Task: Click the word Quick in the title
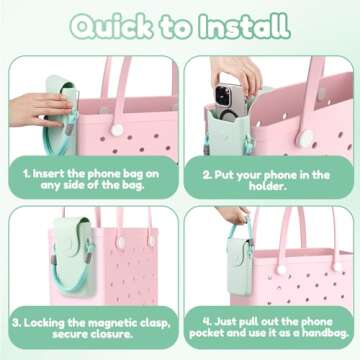116,23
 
